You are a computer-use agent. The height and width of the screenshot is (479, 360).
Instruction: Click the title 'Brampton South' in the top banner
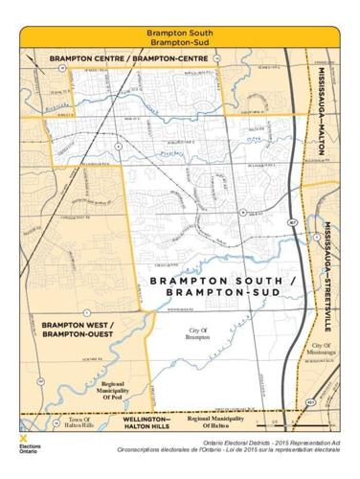tap(179, 32)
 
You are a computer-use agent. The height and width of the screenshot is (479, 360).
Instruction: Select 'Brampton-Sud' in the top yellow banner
tap(179, 42)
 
